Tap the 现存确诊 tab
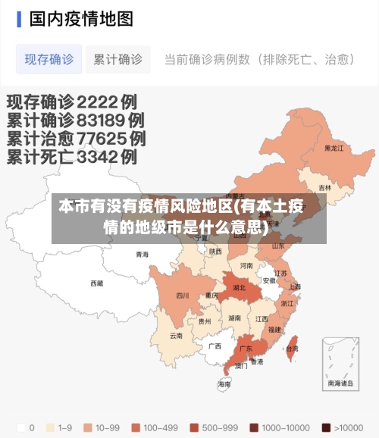point(49,59)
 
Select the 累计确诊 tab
point(117,59)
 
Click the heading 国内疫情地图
point(81,19)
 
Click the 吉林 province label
point(324,187)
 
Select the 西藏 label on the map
point(97,283)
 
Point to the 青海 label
point(142,255)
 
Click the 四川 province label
point(183,296)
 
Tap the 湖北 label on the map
point(239,288)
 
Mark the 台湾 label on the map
point(292,349)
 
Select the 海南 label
point(224,384)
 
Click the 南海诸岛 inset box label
point(340,383)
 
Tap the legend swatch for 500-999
point(194,427)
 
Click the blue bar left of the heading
point(19,19)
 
